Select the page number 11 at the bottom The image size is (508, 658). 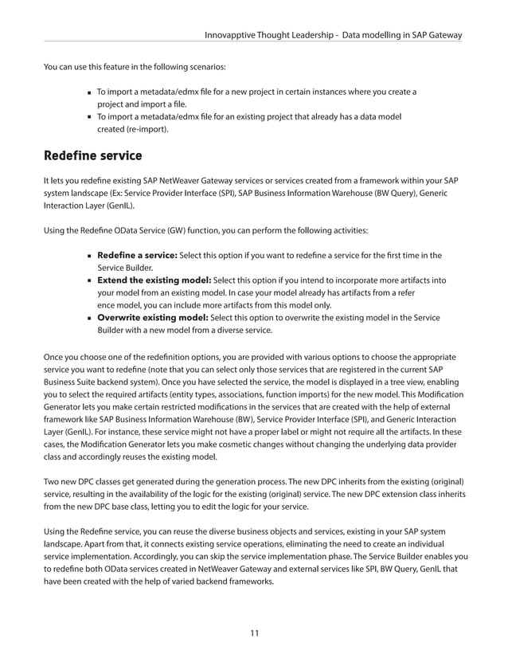coord(254,633)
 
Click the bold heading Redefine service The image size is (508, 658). coord(93,154)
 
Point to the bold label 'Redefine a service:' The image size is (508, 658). coord(137,255)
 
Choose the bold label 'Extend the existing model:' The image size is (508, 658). coord(154,280)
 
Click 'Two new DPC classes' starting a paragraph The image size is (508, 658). coord(87,483)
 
